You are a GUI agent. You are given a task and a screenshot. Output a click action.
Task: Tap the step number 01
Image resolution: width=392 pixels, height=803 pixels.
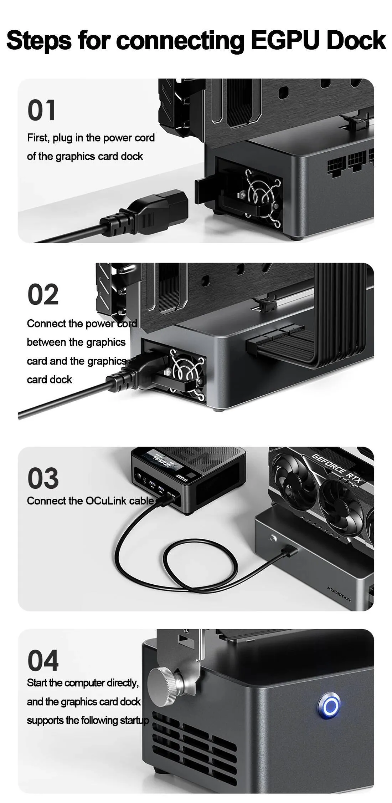pyautogui.click(x=41, y=110)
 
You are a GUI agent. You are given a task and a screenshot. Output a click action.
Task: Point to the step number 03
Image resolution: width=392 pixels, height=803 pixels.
pyautogui.click(x=43, y=479)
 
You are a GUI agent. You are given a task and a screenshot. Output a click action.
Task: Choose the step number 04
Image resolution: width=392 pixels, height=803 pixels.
pyautogui.click(x=43, y=661)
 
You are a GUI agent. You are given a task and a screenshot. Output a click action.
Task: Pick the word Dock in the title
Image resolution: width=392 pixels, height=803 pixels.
pyautogui.click(x=356, y=40)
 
